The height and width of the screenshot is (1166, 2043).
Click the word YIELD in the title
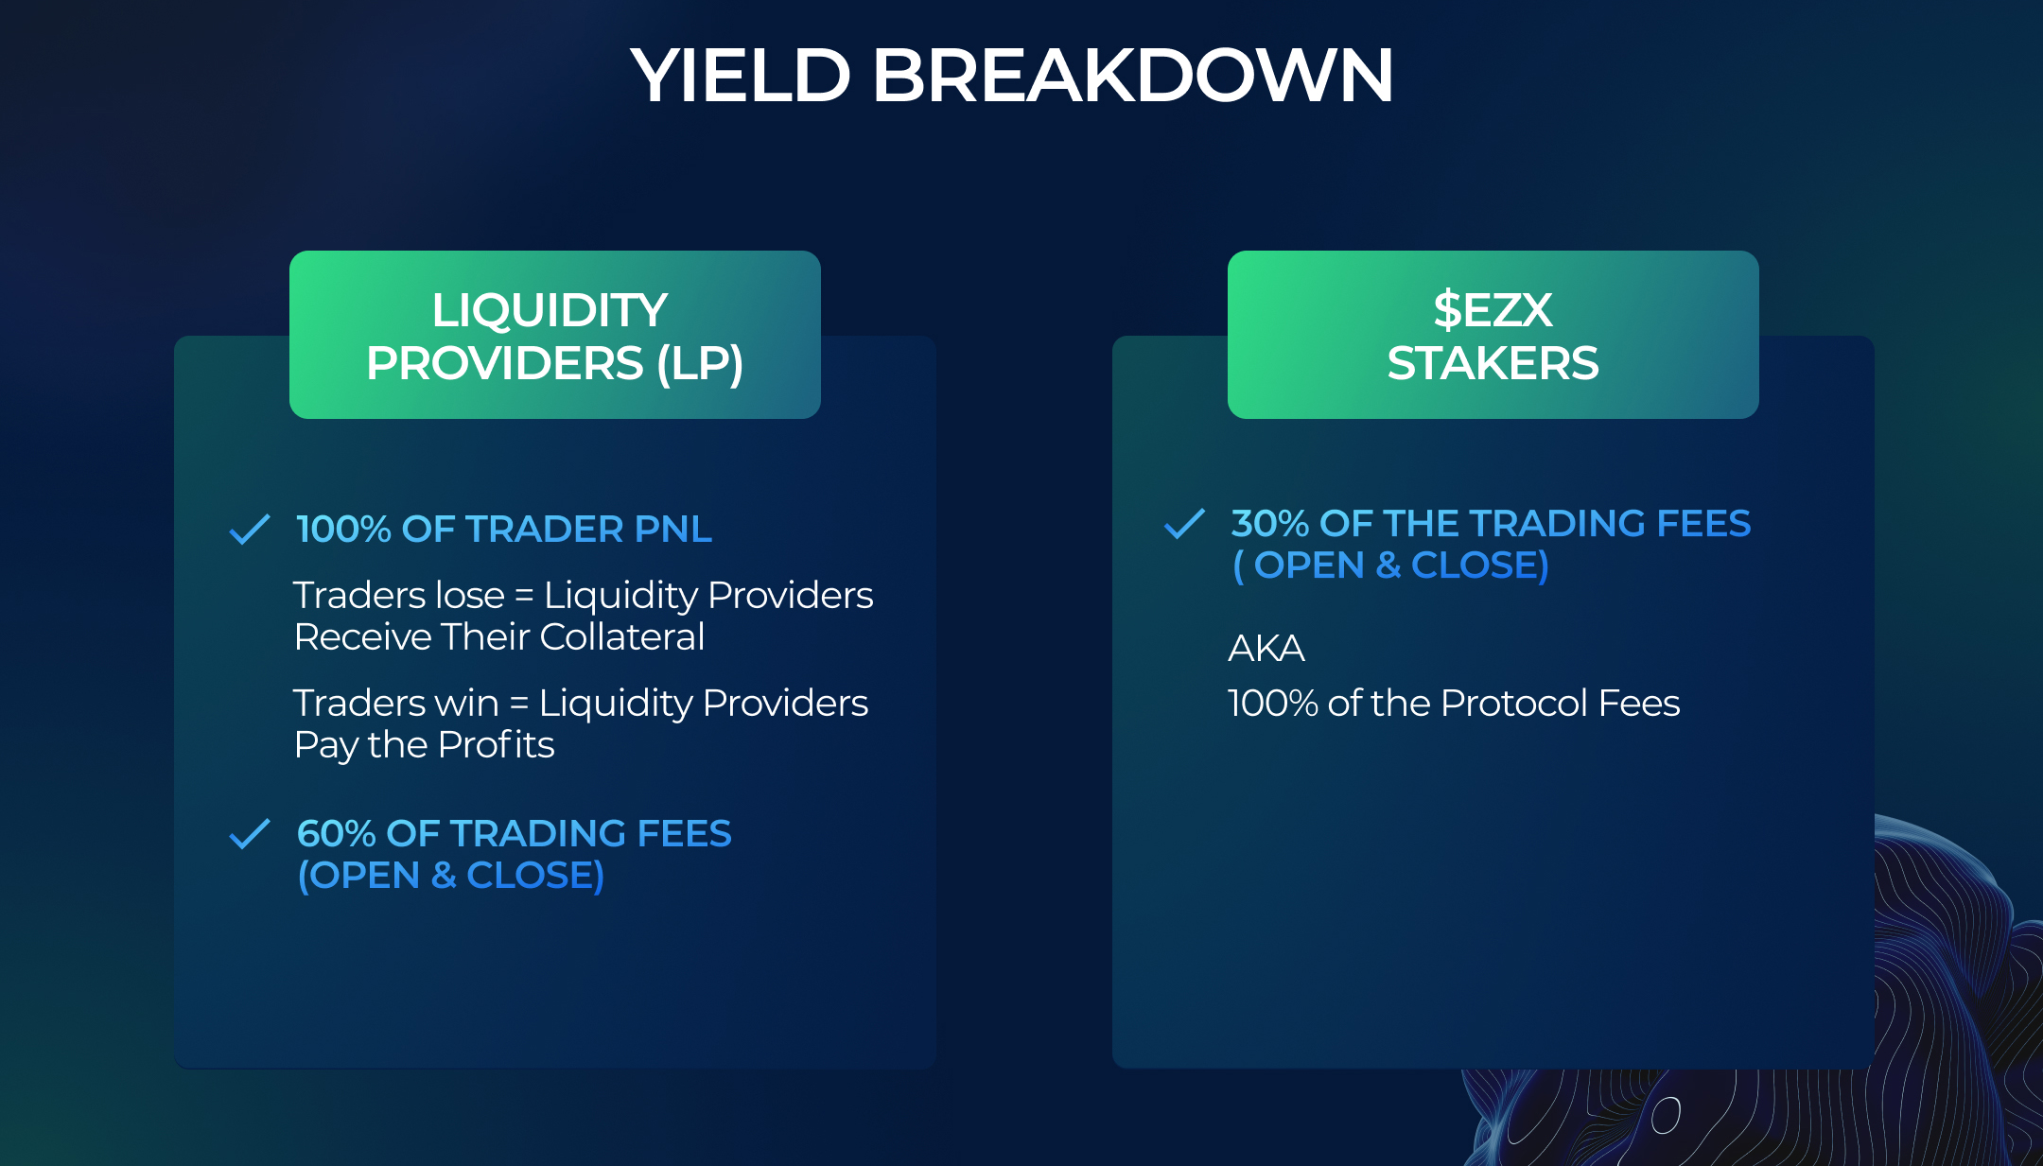[741, 75]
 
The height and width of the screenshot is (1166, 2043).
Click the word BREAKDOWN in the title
[1132, 75]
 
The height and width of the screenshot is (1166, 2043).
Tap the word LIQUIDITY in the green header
[550, 310]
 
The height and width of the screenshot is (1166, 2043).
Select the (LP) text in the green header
[700, 364]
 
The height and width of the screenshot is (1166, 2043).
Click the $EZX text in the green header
[1493, 310]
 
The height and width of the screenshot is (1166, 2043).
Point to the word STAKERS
[1493, 364]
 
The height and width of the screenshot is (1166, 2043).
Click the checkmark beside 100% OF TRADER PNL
[250, 530]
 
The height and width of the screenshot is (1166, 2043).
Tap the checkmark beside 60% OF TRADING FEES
[250, 834]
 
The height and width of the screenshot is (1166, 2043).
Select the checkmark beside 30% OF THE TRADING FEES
[1184, 524]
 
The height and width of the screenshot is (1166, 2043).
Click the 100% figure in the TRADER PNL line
[343, 530]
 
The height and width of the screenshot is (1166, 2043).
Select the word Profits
[496, 745]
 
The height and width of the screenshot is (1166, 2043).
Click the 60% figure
[337, 834]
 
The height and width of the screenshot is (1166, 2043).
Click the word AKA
[1266, 649]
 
